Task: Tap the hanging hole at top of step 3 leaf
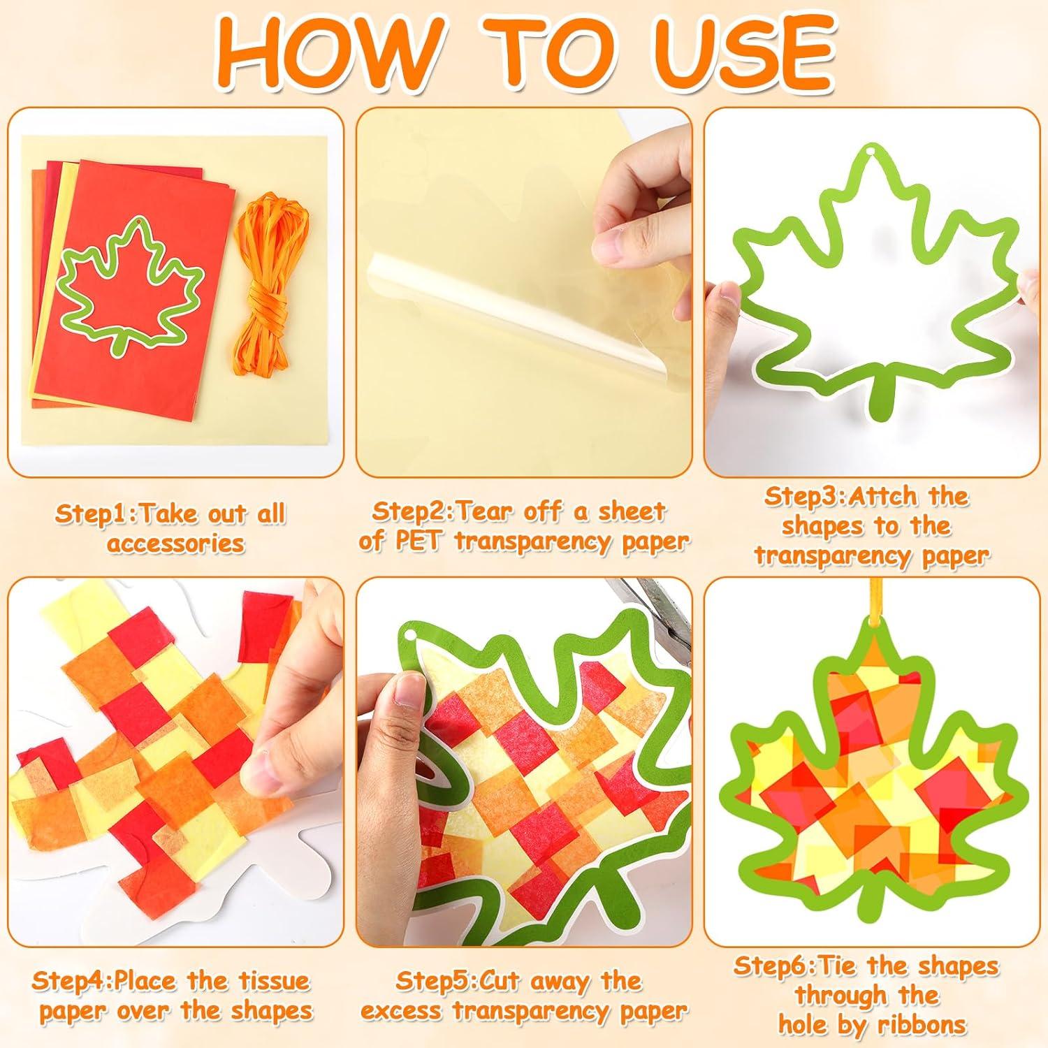tap(869, 153)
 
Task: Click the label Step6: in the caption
tap(775, 967)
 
